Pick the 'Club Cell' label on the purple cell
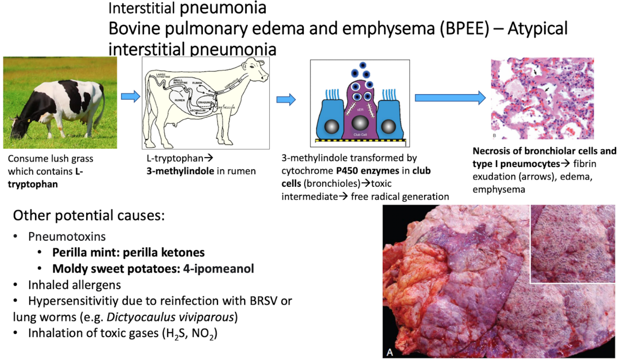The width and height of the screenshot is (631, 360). pos(360,135)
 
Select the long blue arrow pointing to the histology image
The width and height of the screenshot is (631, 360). pos(450,97)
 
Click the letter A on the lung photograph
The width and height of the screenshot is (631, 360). pos(391,351)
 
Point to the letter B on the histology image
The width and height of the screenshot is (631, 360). pos(495,136)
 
